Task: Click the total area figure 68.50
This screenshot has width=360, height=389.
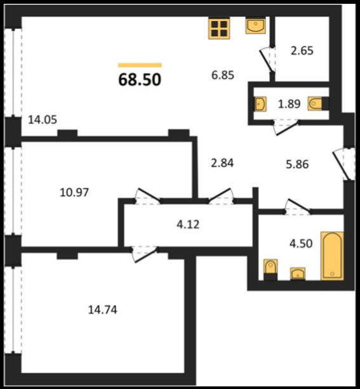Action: [140, 79]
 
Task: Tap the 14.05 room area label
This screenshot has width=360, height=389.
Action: [43, 120]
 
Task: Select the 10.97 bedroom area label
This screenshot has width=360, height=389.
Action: [74, 192]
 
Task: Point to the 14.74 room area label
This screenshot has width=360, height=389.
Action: [102, 310]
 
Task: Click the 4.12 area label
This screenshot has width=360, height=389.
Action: [188, 225]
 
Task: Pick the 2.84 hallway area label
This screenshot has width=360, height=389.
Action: [222, 163]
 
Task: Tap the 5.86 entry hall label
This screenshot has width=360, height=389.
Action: [297, 164]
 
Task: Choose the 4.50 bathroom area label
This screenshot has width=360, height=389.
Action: [301, 244]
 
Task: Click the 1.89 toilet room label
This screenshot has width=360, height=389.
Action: [290, 104]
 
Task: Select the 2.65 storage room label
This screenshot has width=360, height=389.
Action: [302, 51]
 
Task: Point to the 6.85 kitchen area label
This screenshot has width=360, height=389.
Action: [223, 75]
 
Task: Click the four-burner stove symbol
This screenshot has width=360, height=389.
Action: [219, 29]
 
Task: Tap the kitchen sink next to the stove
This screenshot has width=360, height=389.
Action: [255, 26]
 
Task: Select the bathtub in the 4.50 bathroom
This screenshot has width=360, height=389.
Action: [332, 256]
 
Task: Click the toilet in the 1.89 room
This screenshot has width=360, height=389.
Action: [317, 103]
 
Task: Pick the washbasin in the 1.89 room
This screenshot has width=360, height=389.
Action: [260, 104]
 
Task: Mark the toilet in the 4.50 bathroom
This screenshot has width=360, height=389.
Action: [270, 270]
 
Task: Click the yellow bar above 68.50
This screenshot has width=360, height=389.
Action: [140, 65]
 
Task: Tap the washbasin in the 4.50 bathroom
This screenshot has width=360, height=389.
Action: [298, 274]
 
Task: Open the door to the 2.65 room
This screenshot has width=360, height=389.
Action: [267, 61]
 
